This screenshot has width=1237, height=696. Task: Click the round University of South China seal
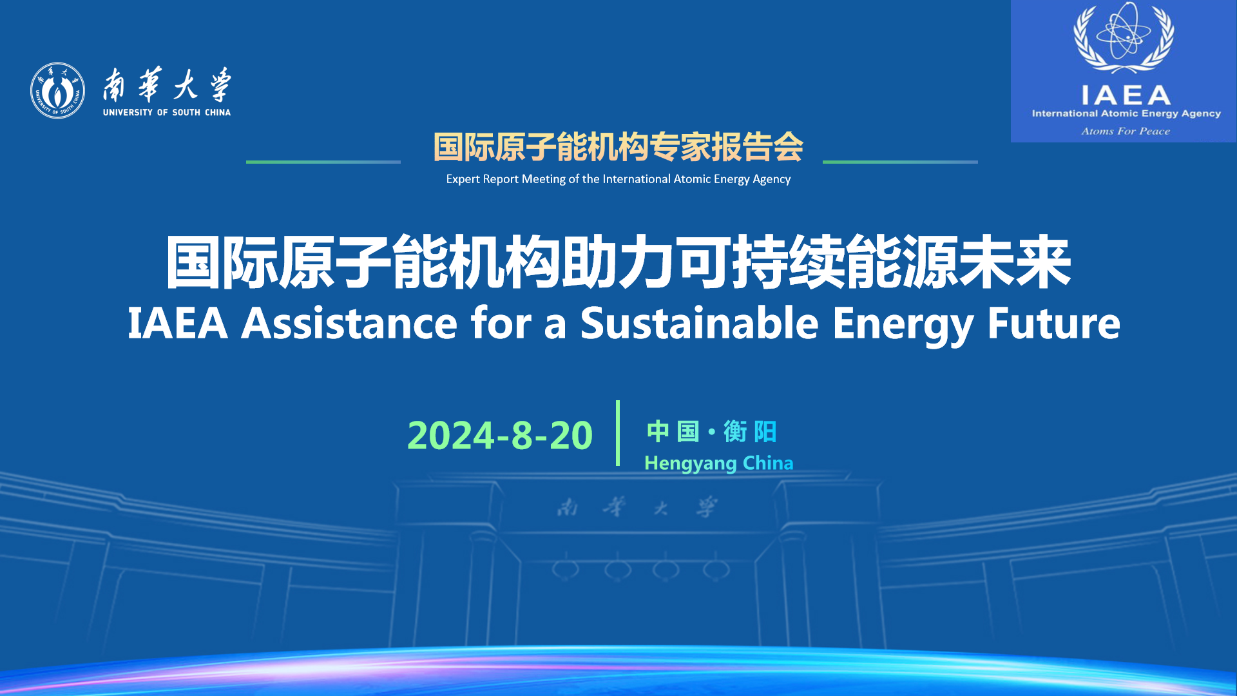pyautogui.click(x=57, y=90)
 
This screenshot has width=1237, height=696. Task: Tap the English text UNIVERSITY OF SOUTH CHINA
pyautogui.click(x=167, y=112)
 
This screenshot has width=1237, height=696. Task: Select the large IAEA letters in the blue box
pyautogui.click(x=1126, y=95)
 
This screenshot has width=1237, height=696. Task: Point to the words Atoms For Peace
pyautogui.click(x=1126, y=131)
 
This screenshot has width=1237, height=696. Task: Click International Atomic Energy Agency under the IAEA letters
pyautogui.click(x=1126, y=113)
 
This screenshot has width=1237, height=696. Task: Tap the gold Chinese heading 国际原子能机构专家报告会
pyautogui.click(x=618, y=147)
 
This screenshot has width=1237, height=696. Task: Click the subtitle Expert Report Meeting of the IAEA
pyautogui.click(x=618, y=179)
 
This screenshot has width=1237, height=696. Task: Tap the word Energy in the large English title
pyautogui.click(x=903, y=325)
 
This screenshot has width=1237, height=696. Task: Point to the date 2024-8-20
pyautogui.click(x=500, y=435)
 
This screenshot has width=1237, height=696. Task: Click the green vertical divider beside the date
pyautogui.click(x=618, y=433)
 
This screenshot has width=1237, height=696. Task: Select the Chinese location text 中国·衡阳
pyautogui.click(x=711, y=432)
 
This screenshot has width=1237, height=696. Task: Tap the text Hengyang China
pyautogui.click(x=718, y=463)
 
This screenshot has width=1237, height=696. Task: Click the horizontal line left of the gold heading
pyautogui.click(x=323, y=162)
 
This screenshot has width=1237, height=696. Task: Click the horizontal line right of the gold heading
pyautogui.click(x=900, y=162)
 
